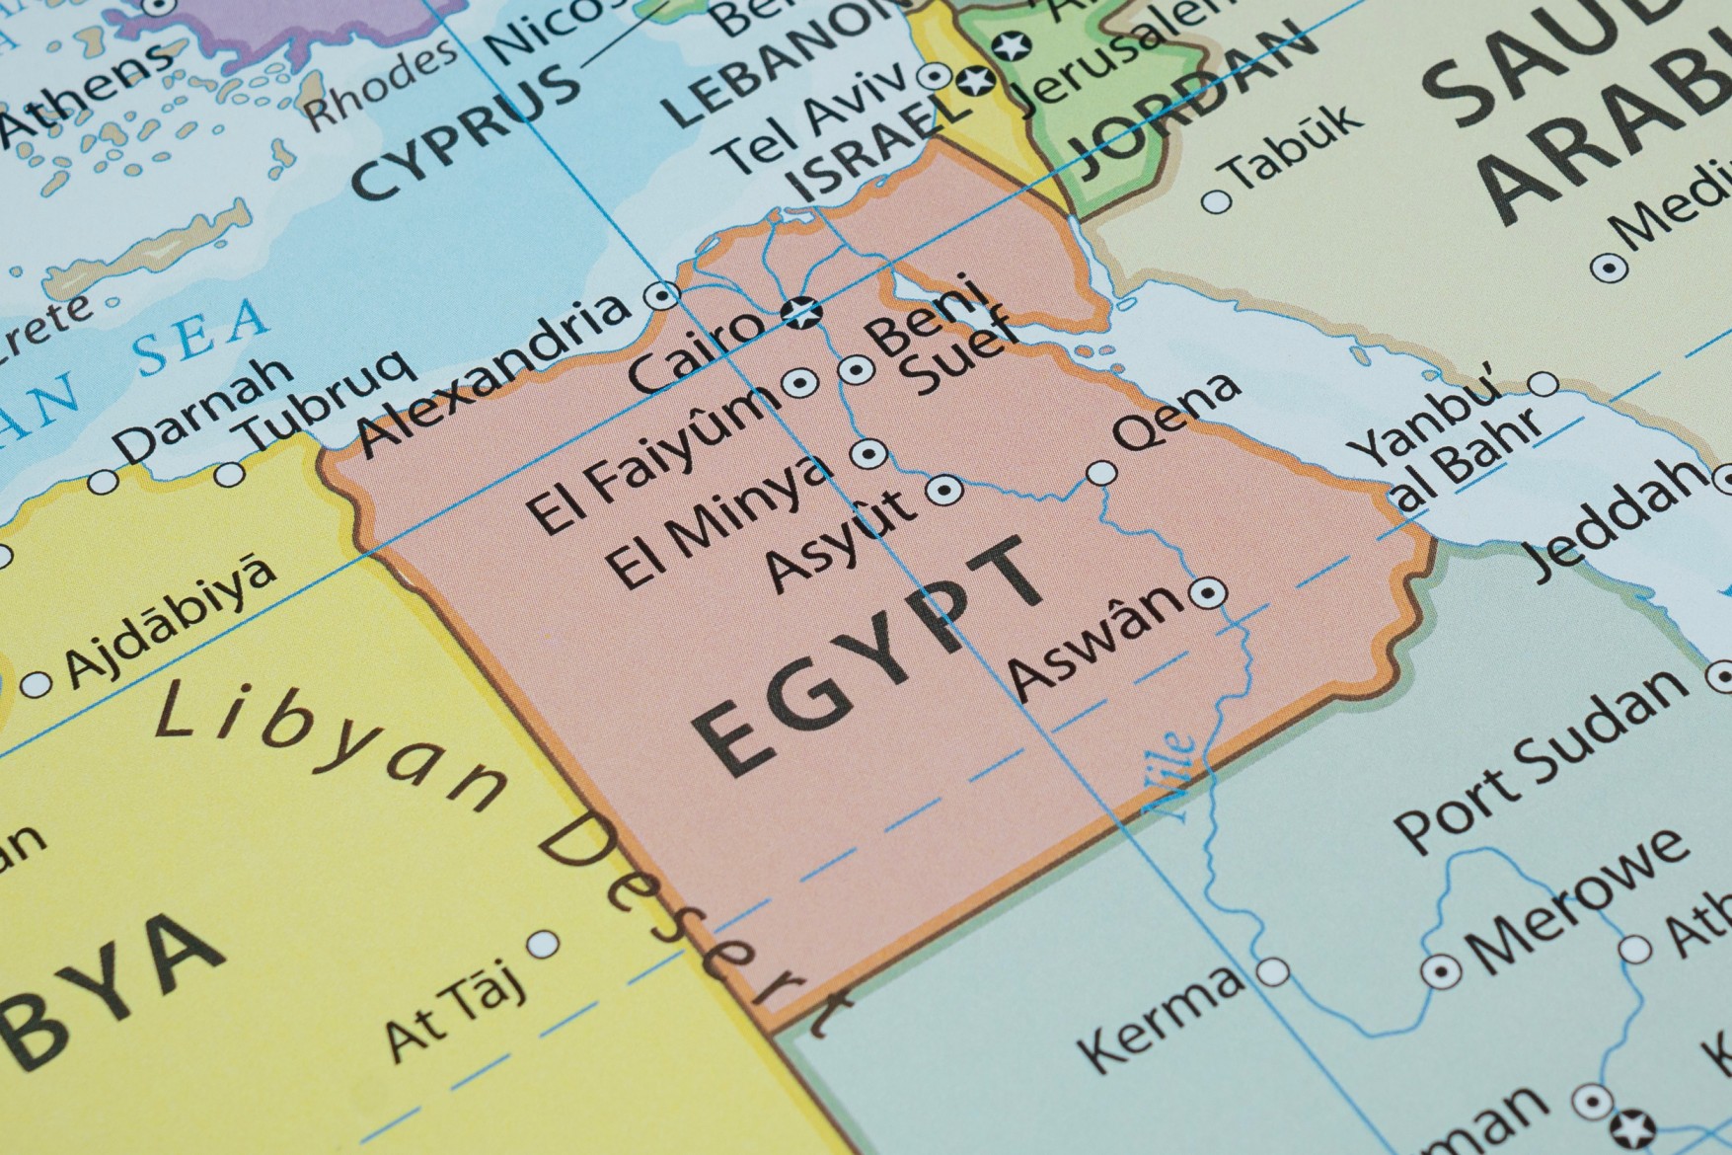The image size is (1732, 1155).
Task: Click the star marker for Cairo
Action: click(801, 313)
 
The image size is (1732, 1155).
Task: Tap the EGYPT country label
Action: click(868, 656)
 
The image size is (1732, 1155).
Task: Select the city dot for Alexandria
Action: click(660, 294)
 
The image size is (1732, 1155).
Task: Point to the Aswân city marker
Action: click(1207, 593)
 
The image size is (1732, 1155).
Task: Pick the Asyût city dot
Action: click(944, 489)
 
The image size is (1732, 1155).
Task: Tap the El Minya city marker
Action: click(868, 453)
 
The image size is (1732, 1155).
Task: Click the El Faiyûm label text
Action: click(646, 459)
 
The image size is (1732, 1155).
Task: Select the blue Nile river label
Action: click(1169, 775)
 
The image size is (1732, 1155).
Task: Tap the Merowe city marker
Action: click(1441, 971)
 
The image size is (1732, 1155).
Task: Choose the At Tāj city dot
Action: click(543, 945)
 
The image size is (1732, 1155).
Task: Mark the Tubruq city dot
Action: click(230, 474)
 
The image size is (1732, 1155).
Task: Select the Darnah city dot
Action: click(103, 483)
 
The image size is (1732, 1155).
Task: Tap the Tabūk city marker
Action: click(1217, 202)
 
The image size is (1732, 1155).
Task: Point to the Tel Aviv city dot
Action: click(933, 76)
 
